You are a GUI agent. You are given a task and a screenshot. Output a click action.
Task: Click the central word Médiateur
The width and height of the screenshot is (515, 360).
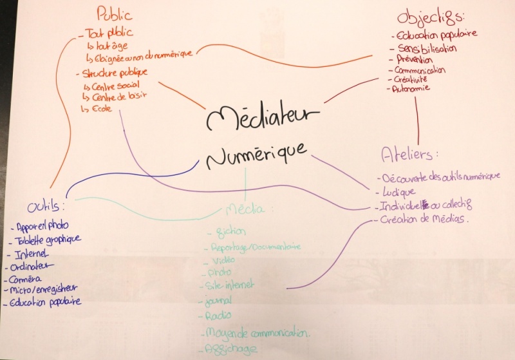tap(263, 117)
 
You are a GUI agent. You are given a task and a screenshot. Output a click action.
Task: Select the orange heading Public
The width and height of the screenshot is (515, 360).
tap(114, 14)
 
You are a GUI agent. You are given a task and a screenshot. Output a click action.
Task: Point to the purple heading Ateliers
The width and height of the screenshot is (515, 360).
tap(409, 154)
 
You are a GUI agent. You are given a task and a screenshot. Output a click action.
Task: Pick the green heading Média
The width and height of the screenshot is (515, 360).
tap(250, 209)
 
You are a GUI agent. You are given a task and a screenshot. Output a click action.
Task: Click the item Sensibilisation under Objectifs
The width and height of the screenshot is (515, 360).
tap(428, 48)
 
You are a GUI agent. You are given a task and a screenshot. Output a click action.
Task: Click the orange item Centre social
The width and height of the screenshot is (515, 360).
tap(116, 84)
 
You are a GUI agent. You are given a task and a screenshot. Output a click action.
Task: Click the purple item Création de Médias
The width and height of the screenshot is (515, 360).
tap(426, 220)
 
